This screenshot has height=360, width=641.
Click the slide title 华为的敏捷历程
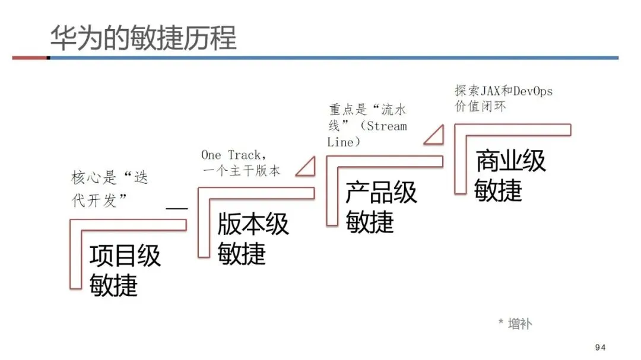(x=143, y=38)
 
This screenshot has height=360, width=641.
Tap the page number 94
(x=600, y=348)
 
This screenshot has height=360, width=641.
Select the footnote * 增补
(x=515, y=323)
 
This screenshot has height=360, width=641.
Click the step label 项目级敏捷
(x=125, y=270)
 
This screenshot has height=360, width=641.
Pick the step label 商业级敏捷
(x=510, y=176)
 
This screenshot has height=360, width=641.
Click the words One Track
(x=230, y=155)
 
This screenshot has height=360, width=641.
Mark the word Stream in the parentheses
(x=386, y=126)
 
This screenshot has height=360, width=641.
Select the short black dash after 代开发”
(x=176, y=209)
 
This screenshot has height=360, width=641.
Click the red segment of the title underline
(x=30, y=58)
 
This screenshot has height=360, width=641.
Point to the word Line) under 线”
(x=344, y=142)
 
